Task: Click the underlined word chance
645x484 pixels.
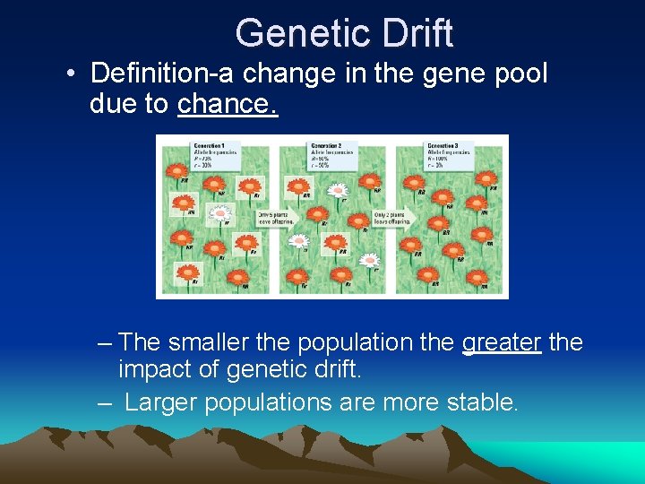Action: [x=228, y=104]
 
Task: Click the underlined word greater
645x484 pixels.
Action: [x=502, y=342]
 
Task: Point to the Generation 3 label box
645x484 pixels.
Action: [x=449, y=153]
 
